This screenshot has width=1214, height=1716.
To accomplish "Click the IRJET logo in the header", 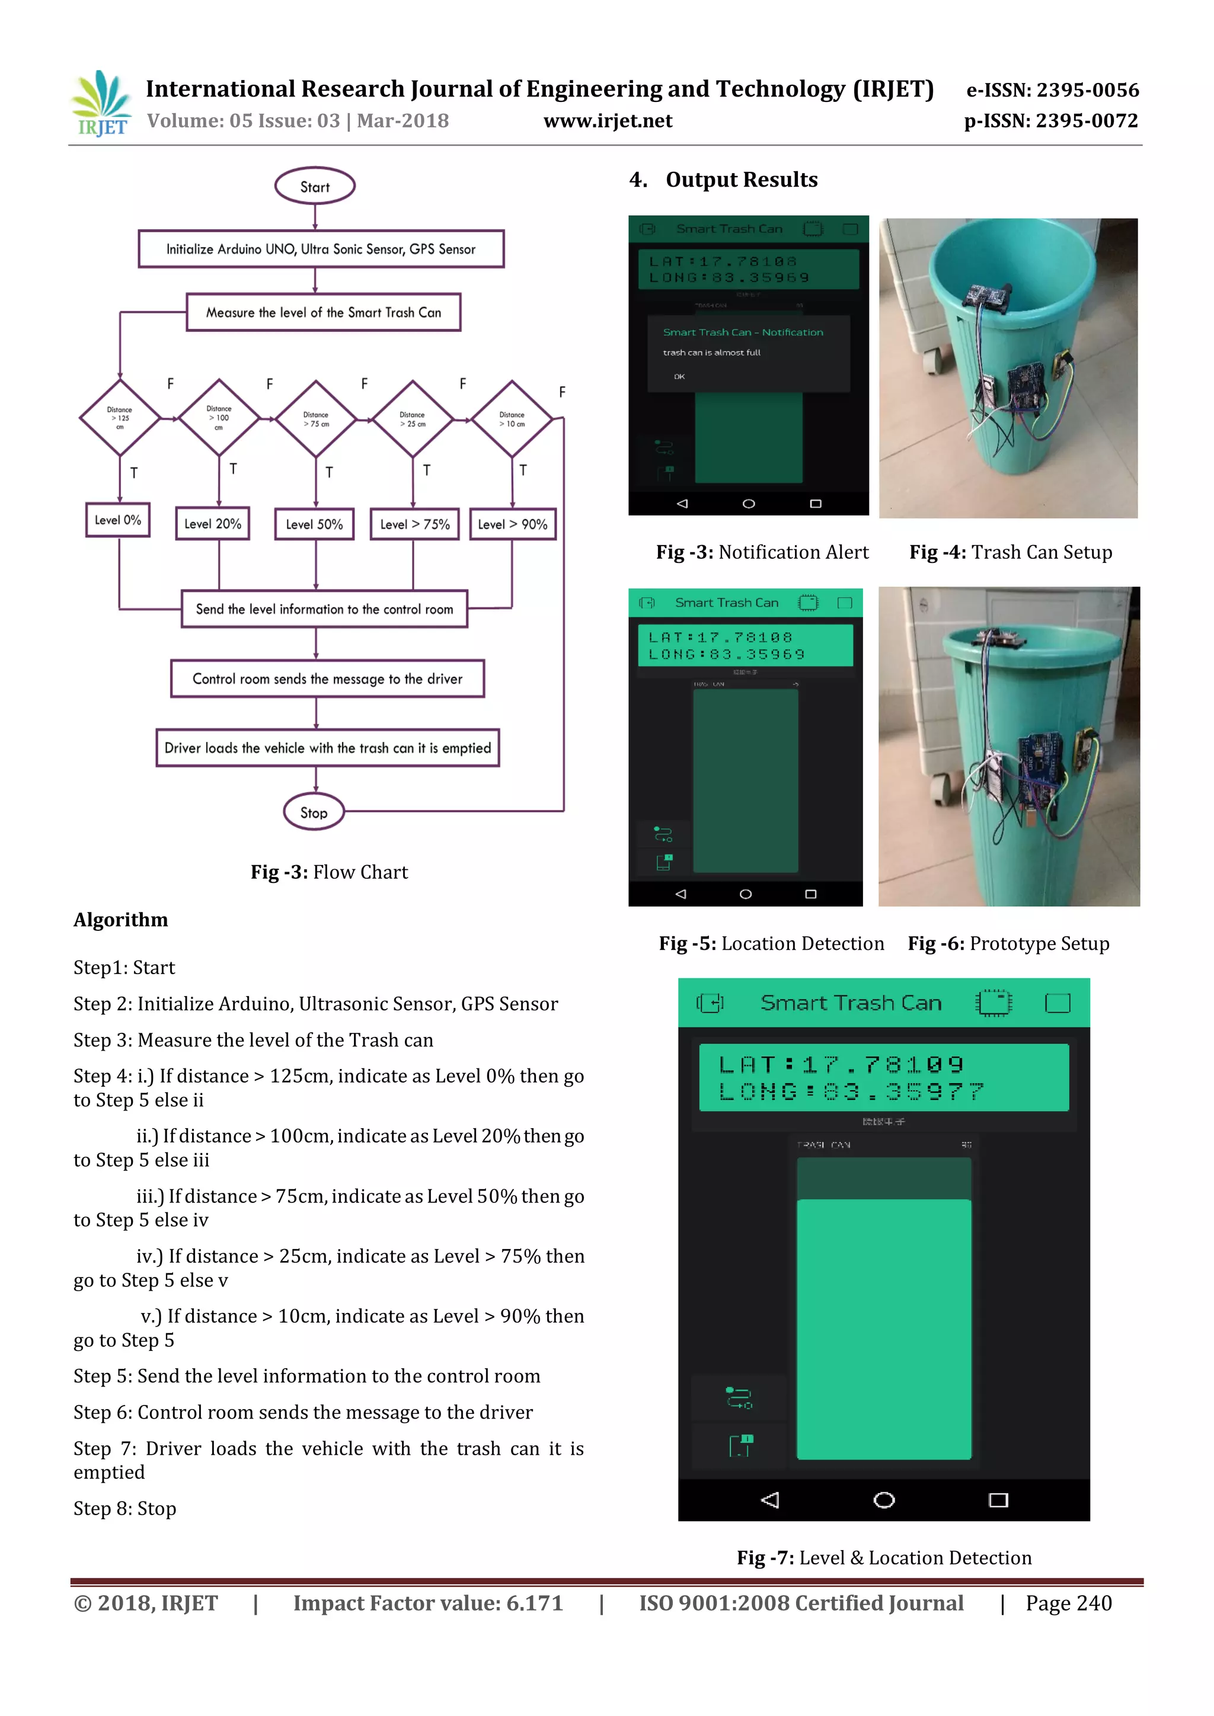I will (x=101, y=103).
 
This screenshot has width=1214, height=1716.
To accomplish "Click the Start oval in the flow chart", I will (x=315, y=186).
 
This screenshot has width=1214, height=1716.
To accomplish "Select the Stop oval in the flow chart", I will (x=314, y=812).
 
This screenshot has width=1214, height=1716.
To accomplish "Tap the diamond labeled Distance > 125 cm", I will (x=120, y=418).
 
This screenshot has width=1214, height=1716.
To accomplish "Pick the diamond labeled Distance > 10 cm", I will (x=512, y=418).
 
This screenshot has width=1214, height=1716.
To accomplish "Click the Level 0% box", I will (x=118, y=520).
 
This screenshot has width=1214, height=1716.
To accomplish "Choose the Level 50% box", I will (x=314, y=524).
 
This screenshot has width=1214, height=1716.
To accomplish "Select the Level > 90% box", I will (x=513, y=524).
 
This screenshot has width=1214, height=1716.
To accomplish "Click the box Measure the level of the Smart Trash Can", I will (x=323, y=312).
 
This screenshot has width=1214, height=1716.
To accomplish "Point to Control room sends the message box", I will (x=327, y=678).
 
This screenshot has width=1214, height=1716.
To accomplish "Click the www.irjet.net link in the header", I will (x=608, y=121).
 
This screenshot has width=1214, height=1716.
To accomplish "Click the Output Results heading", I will (x=741, y=180).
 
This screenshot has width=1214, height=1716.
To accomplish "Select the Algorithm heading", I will (x=121, y=919).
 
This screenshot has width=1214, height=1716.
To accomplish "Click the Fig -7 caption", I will (x=884, y=1558).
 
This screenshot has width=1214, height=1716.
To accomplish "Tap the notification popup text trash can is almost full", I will (x=712, y=353).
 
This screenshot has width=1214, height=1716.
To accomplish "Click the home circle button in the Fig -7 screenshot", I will (x=884, y=1499).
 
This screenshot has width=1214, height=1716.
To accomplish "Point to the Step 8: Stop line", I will (x=125, y=1508).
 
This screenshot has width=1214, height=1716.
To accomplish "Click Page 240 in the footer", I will (x=1068, y=1603).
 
